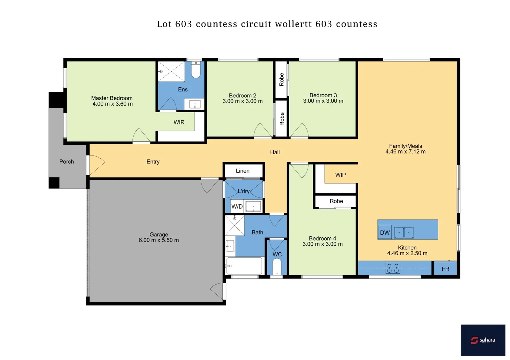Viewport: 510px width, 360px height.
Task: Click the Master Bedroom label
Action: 112,98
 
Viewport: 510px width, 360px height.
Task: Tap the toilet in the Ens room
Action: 196,70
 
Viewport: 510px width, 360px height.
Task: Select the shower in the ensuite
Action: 171,71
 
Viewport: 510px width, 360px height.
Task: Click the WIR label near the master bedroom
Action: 179,122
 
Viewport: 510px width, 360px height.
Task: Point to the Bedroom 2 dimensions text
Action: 242,101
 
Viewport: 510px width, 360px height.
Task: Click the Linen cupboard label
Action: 242,171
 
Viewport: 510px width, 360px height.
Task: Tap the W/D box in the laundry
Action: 237,207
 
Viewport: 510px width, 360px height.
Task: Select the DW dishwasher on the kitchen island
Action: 385,233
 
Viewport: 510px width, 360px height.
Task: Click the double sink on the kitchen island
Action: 404,233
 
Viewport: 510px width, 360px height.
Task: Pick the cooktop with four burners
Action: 393,268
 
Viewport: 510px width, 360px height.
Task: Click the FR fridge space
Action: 445,269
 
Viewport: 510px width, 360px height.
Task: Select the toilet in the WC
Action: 277,266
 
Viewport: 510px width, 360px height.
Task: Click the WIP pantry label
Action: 341,175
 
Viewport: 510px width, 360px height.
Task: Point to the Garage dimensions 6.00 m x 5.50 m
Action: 159,240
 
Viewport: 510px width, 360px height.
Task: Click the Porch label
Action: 67,162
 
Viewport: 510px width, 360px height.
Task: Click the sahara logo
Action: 483,340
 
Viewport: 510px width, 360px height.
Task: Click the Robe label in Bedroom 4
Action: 336,201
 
